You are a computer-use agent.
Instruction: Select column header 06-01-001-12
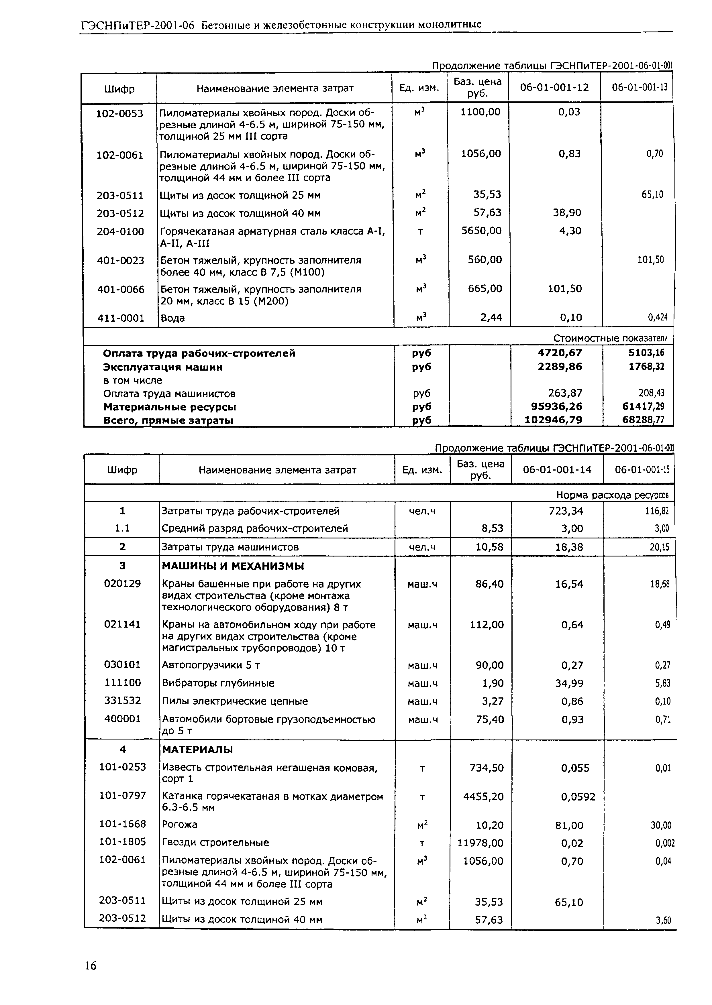[x=554, y=88]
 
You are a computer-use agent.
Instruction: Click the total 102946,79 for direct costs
[x=553, y=420]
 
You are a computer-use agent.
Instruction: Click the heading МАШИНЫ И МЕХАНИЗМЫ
[x=233, y=566]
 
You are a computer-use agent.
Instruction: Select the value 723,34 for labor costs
[x=569, y=511]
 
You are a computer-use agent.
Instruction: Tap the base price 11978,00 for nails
[x=480, y=843]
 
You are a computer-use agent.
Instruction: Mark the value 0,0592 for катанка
[x=578, y=796]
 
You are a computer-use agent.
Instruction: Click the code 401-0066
[x=121, y=289]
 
